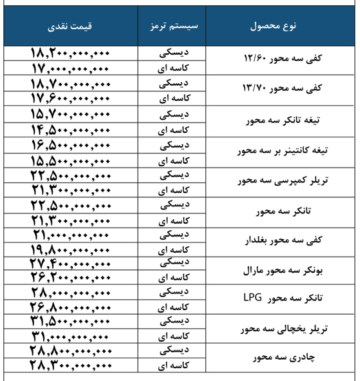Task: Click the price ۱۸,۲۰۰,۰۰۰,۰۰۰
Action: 71,53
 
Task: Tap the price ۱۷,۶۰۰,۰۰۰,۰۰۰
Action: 71,97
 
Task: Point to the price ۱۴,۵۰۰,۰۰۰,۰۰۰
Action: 71,128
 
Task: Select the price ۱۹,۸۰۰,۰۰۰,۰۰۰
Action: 71,248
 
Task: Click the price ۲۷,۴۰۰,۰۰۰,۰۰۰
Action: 71,264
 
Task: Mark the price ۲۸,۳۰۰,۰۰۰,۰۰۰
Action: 71,366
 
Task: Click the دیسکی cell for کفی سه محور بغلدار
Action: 173,233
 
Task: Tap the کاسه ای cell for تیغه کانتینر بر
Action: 173,158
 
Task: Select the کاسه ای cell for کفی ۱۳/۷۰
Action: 173,98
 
